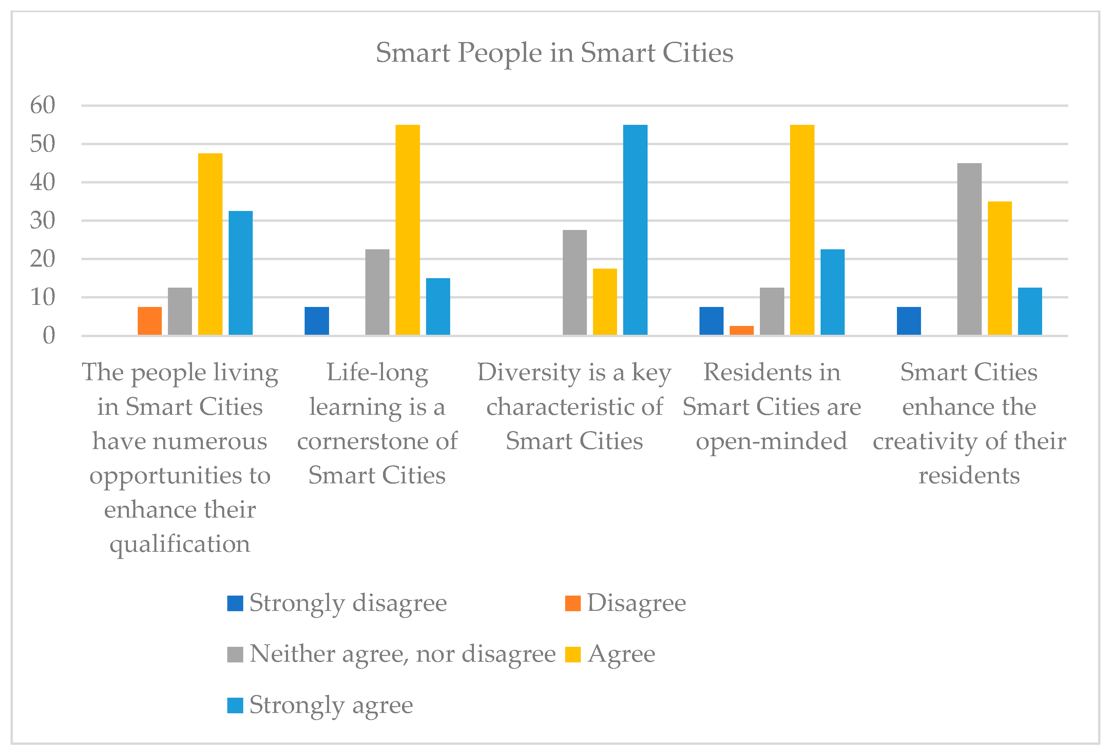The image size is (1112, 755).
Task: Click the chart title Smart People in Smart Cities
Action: click(554, 53)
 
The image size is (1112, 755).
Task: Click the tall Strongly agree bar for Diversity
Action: click(635, 230)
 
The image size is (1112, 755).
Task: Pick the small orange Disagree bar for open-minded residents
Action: click(741, 330)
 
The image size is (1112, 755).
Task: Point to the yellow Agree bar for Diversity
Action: click(605, 302)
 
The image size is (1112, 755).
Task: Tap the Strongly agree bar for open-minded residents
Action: click(832, 292)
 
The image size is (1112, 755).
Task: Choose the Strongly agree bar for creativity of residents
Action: click(1030, 311)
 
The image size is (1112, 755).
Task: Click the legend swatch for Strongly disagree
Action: click(235, 603)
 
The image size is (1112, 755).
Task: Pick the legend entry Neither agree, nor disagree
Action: click(402, 654)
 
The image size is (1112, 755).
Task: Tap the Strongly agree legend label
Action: click(331, 705)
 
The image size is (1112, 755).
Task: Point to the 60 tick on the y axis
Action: click(43, 105)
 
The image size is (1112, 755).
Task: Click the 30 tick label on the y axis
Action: click(43, 220)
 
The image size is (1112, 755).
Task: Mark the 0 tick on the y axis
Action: click(48, 336)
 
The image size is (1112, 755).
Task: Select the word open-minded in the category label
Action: click(771, 441)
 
